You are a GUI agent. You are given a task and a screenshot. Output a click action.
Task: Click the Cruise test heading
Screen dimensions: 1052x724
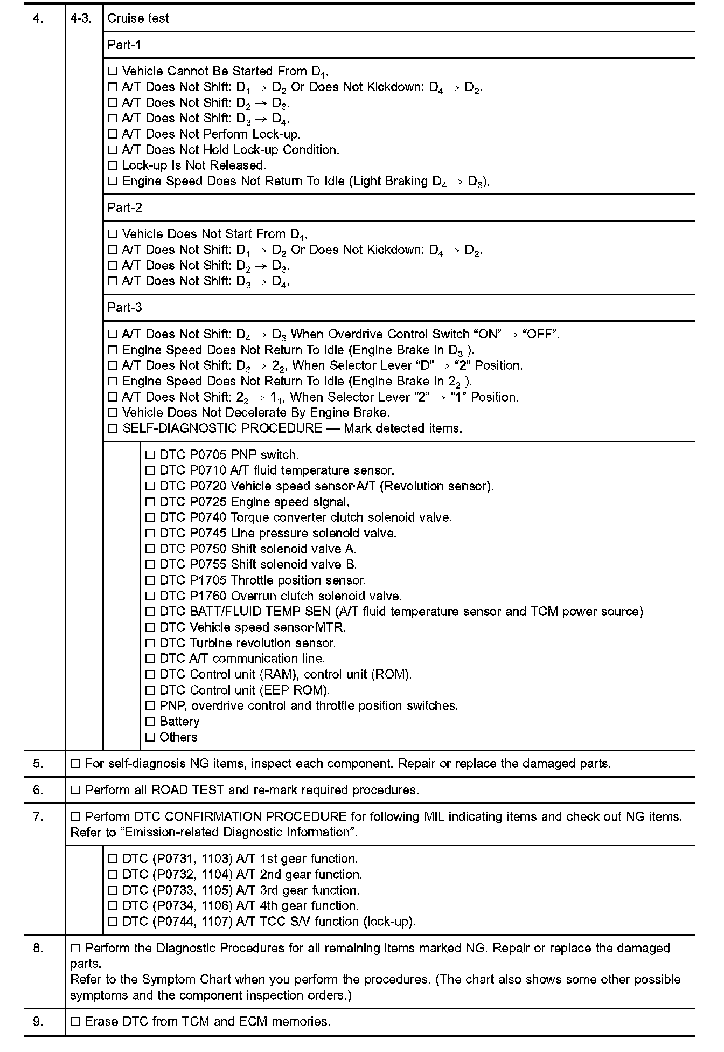138,18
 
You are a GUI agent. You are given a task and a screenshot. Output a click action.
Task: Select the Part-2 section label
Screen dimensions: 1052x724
124,207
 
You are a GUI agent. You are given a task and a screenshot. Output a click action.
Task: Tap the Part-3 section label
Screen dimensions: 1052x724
124,307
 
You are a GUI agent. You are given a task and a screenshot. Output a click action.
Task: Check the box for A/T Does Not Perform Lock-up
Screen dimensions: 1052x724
113,134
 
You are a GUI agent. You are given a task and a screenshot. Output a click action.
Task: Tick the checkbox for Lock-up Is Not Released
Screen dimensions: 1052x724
113,165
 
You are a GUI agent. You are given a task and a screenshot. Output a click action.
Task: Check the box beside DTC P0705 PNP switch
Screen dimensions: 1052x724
150,455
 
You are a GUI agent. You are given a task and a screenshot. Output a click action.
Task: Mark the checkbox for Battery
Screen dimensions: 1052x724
150,722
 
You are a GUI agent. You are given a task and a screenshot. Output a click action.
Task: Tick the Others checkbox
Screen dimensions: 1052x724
150,737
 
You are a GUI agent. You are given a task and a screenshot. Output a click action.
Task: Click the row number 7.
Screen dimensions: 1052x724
38,816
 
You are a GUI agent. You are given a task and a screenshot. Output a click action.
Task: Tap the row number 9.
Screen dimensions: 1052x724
38,1021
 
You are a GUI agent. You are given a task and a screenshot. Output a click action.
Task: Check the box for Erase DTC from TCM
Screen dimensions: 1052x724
75,1021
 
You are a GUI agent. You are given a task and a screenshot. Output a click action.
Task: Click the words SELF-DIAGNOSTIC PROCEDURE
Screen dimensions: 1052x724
222,428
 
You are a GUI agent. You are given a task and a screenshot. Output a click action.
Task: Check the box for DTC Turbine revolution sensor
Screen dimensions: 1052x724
150,643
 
